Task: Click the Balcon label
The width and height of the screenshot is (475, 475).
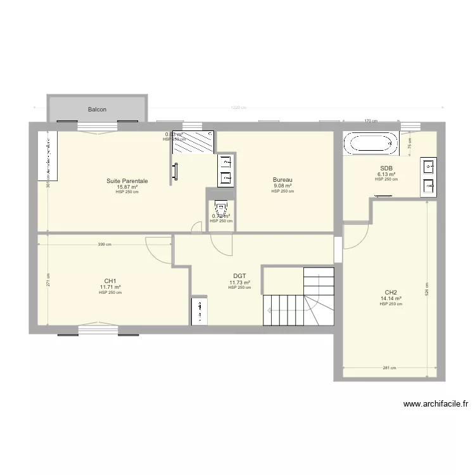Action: click(98, 110)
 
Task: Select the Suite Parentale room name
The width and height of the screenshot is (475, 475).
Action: click(127, 181)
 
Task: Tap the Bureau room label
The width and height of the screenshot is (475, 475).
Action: click(282, 180)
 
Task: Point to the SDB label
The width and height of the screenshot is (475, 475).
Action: click(386, 168)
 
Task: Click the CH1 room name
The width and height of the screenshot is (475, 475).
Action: click(110, 281)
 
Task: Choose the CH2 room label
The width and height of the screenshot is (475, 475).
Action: click(391, 293)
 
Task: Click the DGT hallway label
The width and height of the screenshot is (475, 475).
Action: click(239, 276)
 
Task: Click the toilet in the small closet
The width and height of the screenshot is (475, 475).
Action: click(220, 207)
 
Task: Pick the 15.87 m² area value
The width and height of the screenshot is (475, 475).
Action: click(127, 187)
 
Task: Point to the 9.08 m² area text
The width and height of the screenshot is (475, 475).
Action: click(282, 186)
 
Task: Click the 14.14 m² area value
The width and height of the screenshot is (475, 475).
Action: click(391, 298)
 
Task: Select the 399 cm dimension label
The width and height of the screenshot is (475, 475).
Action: click(104, 244)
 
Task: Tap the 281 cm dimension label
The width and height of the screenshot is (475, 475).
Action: click(389, 368)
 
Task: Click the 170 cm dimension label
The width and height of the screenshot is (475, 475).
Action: click(370, 121)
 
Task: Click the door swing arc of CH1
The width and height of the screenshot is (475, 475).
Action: click(156, 248)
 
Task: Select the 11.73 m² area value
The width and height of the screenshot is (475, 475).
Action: click(239, 282)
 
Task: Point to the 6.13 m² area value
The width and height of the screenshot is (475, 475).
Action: click(386, 174)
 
